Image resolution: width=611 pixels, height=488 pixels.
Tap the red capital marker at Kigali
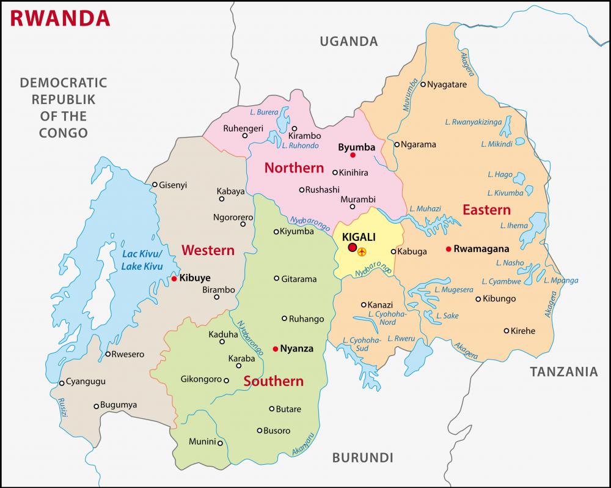point(352,247)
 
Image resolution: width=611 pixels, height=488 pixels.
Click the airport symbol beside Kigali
point(363,251)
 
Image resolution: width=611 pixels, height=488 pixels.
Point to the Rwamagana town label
point(478,249)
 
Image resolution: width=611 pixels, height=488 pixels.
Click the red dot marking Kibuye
point(174,278)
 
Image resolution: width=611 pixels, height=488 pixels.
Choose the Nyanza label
point(296,349)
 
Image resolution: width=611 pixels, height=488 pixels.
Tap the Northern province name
point(294,168)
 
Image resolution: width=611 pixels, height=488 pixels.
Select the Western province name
point(208,250)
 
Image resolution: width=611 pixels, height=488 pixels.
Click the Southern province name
point(273,381)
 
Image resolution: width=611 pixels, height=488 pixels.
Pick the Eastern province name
point(486,210)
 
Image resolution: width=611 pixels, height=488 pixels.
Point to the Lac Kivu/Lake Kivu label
point(141,260)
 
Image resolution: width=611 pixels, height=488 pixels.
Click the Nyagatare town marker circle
point(423,84)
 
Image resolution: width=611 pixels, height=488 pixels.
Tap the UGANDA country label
point(349,42)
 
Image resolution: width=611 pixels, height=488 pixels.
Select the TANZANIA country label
point(563,371)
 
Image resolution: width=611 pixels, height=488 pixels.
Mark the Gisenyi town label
point(173,184)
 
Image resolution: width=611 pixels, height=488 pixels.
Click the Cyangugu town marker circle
point(62,383)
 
